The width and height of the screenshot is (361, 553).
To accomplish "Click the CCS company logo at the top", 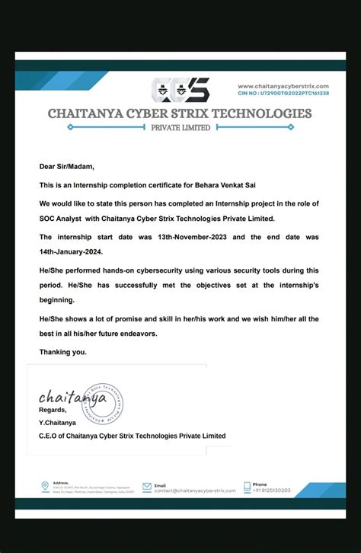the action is coord(180,90).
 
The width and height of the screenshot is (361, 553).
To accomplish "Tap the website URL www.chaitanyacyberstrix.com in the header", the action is coord(283,86).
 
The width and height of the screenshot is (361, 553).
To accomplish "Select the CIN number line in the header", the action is coord(283,93).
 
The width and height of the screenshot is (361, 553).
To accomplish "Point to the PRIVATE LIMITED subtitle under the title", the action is coord(180,128).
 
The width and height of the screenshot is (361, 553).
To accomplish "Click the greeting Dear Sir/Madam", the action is coord(67,166).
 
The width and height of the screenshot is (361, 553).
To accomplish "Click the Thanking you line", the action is coord(63,352).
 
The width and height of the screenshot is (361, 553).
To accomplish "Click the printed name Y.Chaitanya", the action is coord(58,423).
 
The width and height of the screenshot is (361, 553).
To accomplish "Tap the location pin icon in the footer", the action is coord(45,485).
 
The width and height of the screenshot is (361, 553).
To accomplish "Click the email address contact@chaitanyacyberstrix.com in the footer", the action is coord(190,491).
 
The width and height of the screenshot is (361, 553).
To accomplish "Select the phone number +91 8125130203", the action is coord(272,491).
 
